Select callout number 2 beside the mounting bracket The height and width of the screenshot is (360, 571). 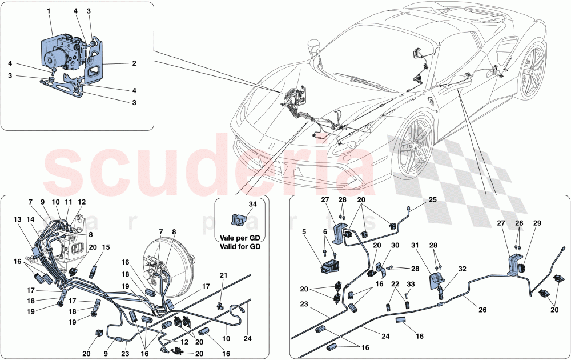134,63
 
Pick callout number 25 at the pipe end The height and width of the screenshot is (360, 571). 432,199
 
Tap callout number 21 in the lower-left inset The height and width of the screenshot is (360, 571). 223,275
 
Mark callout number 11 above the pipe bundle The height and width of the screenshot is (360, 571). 68,202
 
